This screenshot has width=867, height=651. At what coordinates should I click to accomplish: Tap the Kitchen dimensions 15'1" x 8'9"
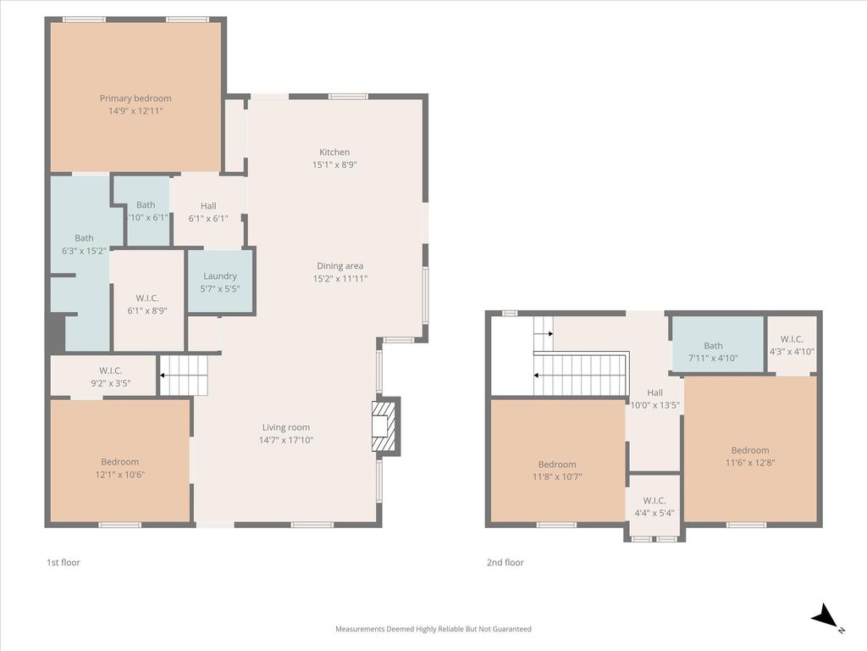click(x=334, y=164)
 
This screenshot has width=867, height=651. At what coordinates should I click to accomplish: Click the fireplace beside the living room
click(x=385, y=426)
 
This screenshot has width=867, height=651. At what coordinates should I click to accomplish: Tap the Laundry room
click(x=221, y=281)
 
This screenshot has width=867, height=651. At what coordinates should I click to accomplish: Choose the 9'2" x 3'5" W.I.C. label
click(x=111, y=377)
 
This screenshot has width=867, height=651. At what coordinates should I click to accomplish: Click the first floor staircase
click(x=184, y=376)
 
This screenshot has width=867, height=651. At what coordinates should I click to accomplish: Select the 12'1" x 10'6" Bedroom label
click(x=120, y=468)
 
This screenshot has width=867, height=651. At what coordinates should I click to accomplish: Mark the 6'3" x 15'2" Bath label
click(x=84, y=244)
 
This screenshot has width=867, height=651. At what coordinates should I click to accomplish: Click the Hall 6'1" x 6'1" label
click(x=208, y=212)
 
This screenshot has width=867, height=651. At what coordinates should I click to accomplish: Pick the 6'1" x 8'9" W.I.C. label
click(x=147, y=304)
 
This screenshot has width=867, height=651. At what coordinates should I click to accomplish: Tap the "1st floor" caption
click(x=64, y=563)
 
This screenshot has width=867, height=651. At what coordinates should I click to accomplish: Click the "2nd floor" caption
click(x=505, y=563)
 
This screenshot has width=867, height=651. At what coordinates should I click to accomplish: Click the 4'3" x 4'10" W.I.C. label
click(x=792, y=345)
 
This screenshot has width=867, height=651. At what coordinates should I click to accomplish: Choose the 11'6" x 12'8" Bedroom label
click(x=750, y=456)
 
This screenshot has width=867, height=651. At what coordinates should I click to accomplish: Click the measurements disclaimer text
click(x=433, y=629)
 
